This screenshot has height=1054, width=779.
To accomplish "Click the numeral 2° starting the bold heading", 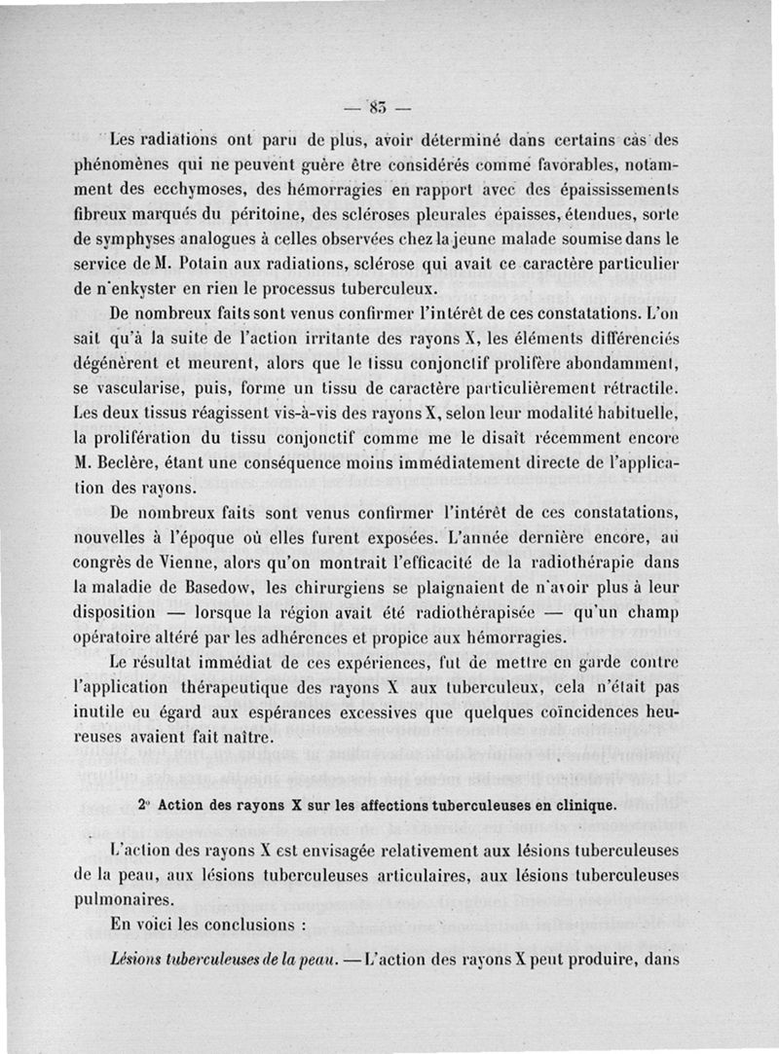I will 143,807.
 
